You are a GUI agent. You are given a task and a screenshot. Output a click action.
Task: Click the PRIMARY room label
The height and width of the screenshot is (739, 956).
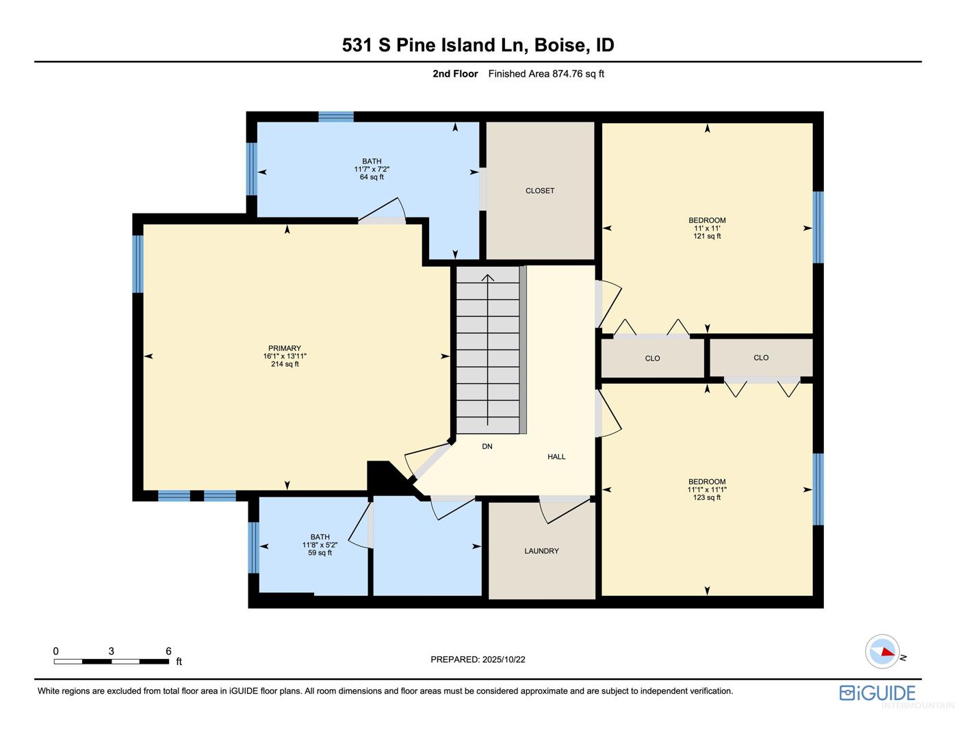pyautogui.click(x=285, y=348)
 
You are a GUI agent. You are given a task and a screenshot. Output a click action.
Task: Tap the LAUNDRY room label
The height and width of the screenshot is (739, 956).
pyautogui.click(x=541, y=551)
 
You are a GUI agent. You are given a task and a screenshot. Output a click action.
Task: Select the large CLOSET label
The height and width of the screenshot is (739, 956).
pyautogui.click(x=540, y=190)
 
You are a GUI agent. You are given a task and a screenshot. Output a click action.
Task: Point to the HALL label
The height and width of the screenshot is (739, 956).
pyautogui.click(x=556, y=456)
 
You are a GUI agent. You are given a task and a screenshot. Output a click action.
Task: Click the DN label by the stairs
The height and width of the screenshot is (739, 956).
pyautogui.click(x=487, y=446)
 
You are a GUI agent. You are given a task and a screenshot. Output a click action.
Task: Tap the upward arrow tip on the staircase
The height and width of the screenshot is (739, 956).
pyautogui.click(x=487, y=275)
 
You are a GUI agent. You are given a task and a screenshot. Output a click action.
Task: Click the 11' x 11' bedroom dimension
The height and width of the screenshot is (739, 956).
pyautogui.click(x=707, y=229)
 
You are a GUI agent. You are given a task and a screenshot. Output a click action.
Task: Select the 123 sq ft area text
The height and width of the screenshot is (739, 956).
pyautogui.click(x=706, y=497)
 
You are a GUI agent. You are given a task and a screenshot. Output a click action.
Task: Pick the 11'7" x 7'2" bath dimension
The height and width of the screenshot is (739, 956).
pyautogui.click(x=372, y=169)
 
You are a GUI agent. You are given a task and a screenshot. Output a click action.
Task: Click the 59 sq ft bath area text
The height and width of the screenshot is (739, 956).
pyautogui.click(x=320, y=552)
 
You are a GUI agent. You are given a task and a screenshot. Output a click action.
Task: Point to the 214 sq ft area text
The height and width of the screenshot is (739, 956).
pyautogui.click(x=285, y=364)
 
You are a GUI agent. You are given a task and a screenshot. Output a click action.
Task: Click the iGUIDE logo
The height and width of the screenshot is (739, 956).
pyautogui.click(x=877, y=693)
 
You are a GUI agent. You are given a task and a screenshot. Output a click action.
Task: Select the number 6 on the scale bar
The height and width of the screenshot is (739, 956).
pyautogui.click(x=168, y=651)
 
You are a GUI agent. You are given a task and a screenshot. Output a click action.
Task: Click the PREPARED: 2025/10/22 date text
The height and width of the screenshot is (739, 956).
pyautogui.click(x=478, y=660)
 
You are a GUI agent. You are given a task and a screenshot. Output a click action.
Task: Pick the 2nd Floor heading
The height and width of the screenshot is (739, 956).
pyautogui.click(x=455, y=74)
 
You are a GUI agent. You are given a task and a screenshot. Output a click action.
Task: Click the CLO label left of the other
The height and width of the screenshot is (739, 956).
pyautogui.click(x=652, y=359)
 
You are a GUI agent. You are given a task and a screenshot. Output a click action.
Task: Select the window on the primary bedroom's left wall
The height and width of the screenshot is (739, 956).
pyautogui.click(x=138, y=264)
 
